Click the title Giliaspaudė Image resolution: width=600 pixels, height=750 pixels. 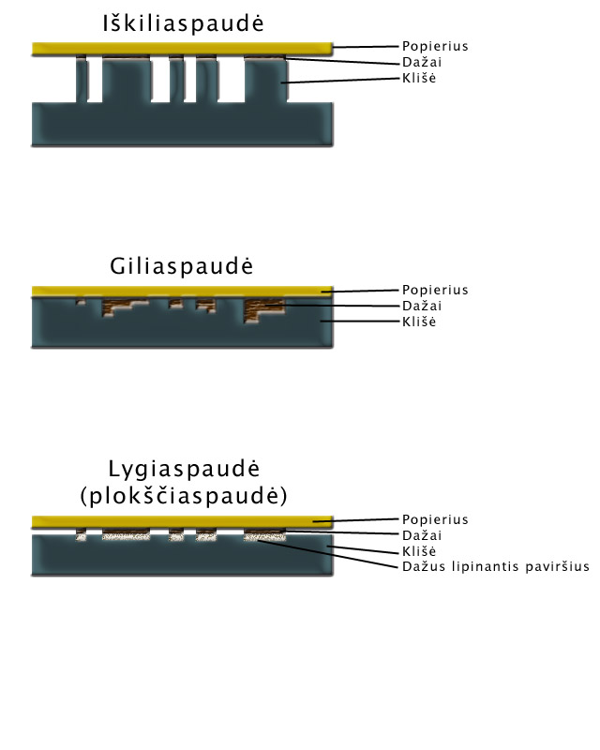click(181, 266)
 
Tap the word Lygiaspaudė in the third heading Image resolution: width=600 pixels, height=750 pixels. click(181, 470)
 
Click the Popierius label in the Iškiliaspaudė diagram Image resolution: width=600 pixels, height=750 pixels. click(434, 45)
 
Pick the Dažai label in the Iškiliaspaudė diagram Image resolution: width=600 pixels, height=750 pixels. click(422, 62)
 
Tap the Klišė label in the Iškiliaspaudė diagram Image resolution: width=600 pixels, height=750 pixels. click(419, 79)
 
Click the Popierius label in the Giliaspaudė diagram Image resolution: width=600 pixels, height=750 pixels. click(434, 290)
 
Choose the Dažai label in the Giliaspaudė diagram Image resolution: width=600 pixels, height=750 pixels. click(422, 306)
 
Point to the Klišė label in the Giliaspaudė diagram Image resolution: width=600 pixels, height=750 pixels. click(419, 322)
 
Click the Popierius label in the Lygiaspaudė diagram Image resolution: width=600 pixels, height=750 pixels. click(434, 519)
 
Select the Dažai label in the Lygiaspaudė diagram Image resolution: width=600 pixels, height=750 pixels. click(422, 535)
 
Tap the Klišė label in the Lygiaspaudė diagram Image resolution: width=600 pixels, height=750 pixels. click(419, 551)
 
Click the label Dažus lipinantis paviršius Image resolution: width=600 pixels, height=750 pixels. click(495, 567)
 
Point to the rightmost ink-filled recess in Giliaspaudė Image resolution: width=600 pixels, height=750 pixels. click(261, 309)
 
